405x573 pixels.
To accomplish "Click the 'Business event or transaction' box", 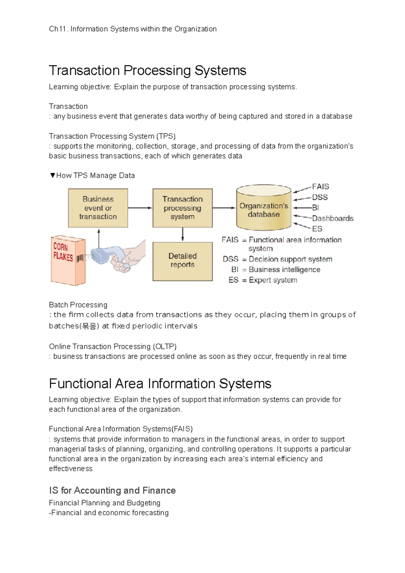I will pos(98,208).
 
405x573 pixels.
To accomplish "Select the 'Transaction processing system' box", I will pos(182,208).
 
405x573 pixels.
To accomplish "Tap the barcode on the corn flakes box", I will pos(80,258).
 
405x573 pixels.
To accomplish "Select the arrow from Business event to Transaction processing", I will pos(140,208).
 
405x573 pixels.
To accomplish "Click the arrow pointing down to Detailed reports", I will pos(183,235).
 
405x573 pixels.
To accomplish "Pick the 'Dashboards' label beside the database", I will pos(332,218).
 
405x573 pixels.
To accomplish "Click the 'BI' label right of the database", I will pos(316,208).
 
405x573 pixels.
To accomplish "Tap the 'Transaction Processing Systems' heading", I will pos(147,71).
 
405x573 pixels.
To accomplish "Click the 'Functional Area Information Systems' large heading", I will pos(160,384).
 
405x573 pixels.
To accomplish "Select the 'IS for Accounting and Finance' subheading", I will pos(112,490).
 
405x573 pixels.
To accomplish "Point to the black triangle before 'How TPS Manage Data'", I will pos(52,175).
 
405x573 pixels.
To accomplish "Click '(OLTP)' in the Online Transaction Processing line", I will pos(164,347).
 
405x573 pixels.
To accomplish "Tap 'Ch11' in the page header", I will pos(57,29).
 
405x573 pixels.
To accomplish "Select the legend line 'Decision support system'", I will pos(290,259).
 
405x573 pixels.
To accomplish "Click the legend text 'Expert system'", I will pos(273,280).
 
